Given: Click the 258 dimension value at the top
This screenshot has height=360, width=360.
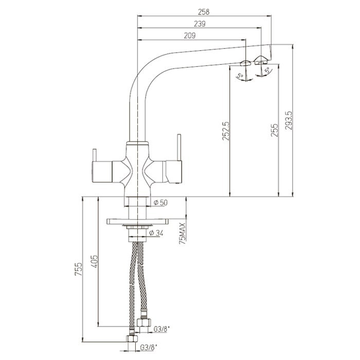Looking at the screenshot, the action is pos(204,12).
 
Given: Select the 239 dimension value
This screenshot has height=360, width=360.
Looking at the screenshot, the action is pos(200,24).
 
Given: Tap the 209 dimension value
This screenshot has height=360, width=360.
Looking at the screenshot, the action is pos(190,36).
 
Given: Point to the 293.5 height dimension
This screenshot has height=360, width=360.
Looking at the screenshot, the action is pos(289,120).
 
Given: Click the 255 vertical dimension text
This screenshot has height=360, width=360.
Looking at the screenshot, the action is pos(274,130).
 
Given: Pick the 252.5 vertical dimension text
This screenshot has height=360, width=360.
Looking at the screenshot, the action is pos(226,131).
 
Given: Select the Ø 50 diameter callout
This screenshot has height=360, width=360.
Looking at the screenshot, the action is pos(160,203).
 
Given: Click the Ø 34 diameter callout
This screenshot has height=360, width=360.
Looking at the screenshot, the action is pos(156,233).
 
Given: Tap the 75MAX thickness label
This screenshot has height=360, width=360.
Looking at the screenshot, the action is pos(183,233).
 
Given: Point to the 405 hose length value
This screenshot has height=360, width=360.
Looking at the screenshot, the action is pos(94,261).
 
